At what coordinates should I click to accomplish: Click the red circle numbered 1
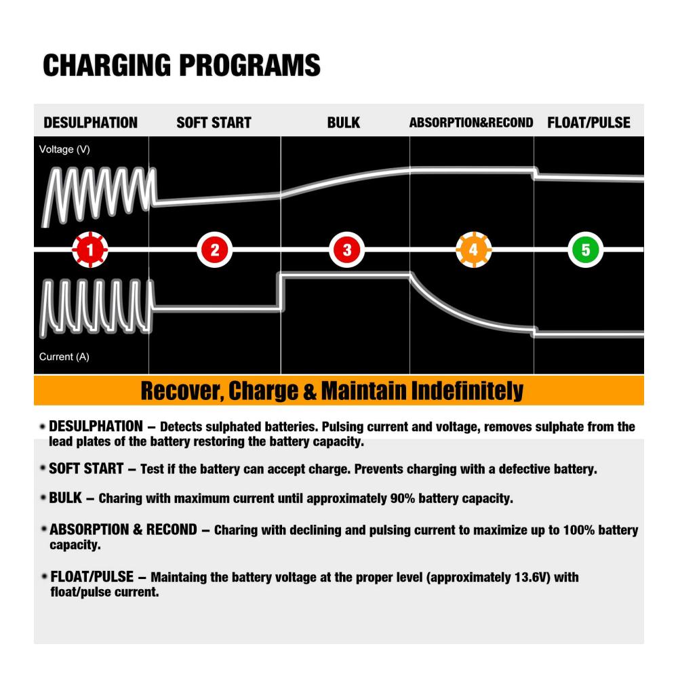[x=90, y=250]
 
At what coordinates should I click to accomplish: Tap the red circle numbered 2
[x=214, y=250]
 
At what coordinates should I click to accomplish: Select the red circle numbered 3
[x=346, y=250]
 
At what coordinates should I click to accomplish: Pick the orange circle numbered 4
[x=474, y=250]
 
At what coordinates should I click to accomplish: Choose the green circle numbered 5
[x=586, y=250]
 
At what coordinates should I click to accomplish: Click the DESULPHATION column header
[x=90, y=123]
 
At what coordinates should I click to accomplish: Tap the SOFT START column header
[x=214, y=123]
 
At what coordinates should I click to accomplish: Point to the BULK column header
[x=343, y=123]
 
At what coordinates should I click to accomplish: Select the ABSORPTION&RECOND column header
[x=471, y=123]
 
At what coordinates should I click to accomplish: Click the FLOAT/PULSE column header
[x=589, y=123]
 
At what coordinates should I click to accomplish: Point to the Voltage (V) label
[x=64, y=150]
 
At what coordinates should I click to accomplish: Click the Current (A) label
[x=64, y=357]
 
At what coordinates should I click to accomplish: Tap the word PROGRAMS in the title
[x=250, y=65]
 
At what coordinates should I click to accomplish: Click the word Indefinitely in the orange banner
[x=467, y=391]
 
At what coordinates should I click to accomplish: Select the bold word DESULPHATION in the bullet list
[x=96, y=426]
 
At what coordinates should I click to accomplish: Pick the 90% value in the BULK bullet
[x=402, y=498]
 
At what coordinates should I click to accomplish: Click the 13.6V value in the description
[x=531, y=577]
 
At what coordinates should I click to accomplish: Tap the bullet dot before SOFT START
[x=42, y=468]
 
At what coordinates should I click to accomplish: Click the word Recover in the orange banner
[x=182, y=391]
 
